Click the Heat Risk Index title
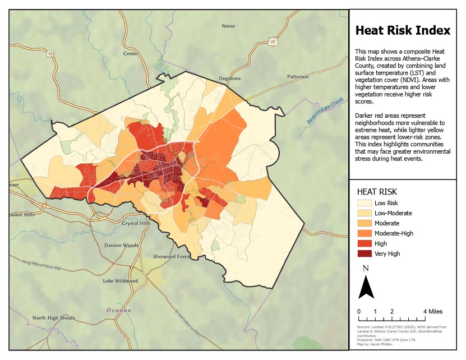403,30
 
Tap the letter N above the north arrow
366,269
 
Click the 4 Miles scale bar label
433,311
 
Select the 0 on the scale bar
359,311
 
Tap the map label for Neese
228,26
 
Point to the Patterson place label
298,76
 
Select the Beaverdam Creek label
325,111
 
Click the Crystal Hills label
136,223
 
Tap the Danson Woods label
121,245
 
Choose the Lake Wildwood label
120,280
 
